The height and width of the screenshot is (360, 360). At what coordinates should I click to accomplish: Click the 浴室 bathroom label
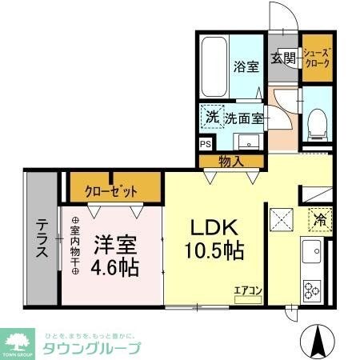click(244, 68)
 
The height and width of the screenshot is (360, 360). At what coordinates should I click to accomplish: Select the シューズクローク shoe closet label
click(315, 58)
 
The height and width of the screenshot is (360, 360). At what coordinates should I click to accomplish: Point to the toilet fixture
click(316, 118)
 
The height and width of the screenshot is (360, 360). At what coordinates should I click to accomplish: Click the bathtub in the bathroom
click(214, 70)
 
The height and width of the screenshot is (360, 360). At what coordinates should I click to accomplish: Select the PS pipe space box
click(206, 145)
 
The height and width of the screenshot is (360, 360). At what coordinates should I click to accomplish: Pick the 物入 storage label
click(231, 162)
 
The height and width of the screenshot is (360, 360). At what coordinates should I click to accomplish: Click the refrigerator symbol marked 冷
click(318, 218)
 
